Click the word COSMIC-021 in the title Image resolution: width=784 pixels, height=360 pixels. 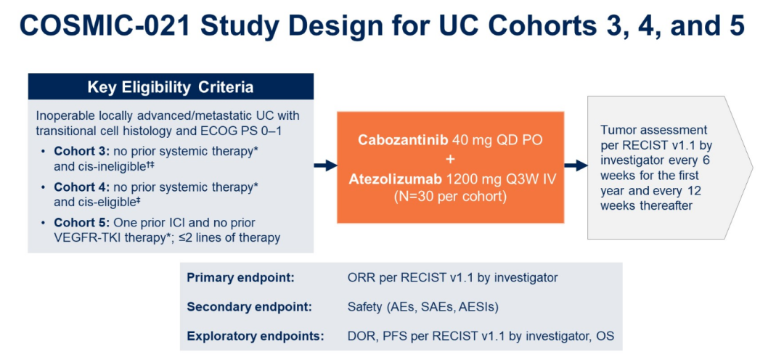pyautogui.click(x=105, y=26)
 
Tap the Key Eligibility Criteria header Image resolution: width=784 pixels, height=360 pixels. pyautogui.click(x=171, y=87)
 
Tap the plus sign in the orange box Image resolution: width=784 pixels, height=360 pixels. pyautogui.click(x=451, y=160)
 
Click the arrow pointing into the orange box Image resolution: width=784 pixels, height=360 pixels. pyautogui.click(x=325, y=166)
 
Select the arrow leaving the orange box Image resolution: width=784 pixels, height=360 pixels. pyautogui.click(x=576, y=166)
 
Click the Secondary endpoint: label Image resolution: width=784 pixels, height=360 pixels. pyautogui.click(x=250, y=308)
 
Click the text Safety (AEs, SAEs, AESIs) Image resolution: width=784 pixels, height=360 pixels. pyautogui.click(x=422, y=308)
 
